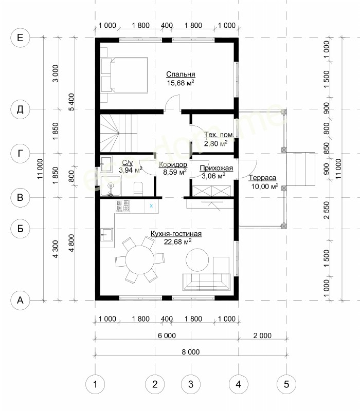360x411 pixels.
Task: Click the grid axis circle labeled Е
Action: tap(20, 38)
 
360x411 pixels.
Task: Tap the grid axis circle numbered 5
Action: tap(286, 384)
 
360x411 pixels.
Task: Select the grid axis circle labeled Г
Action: tap(20, 153)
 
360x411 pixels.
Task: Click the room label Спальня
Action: tap(181, 74)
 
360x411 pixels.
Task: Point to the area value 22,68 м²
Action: tap(177, 241)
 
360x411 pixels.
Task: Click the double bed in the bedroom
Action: tap(124, 75)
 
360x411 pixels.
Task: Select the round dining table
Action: tap(139, 259)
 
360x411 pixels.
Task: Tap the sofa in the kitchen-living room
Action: tap(206, 282)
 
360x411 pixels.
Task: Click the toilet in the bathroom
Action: tap(138, 189)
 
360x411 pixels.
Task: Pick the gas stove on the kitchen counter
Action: tap(123, 206)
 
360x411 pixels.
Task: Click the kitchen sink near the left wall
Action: tap(107, 235)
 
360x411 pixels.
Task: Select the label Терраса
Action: tap(262, 178)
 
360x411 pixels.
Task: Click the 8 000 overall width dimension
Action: tap(191, 352)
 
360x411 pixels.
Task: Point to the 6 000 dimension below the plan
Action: tap(167, 335)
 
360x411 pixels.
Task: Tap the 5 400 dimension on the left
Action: tap(71, 102)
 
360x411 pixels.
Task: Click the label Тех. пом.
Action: tap(220, 135)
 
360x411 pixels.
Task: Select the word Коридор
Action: tap(173, 164)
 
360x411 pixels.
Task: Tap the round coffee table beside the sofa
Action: tap(197, 260)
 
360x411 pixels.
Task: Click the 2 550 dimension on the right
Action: tap(327, 210)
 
